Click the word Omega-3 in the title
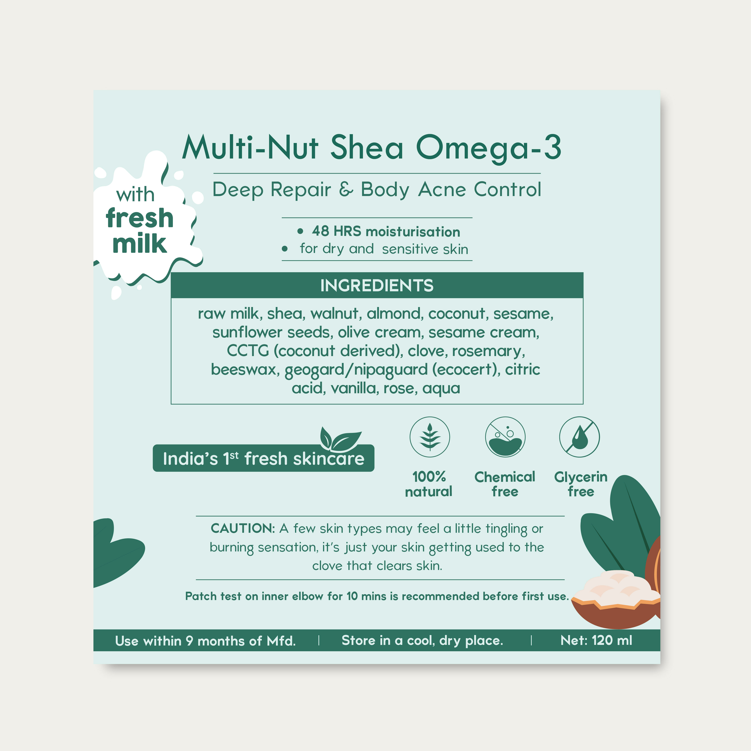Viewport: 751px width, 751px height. pyautogui.click(x=489, y=148)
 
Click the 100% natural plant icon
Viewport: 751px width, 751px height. pyautogui.click(x=429, y=437)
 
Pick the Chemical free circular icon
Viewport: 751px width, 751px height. pyautogui.click(x=505, y=437)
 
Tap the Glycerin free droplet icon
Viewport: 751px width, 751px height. pyautogui.click(x=579, y=437)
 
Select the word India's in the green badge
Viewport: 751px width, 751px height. pyautogui.click(x=190, y=459)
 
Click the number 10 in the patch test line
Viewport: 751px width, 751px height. pyautogui.click(x=352, y=596)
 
